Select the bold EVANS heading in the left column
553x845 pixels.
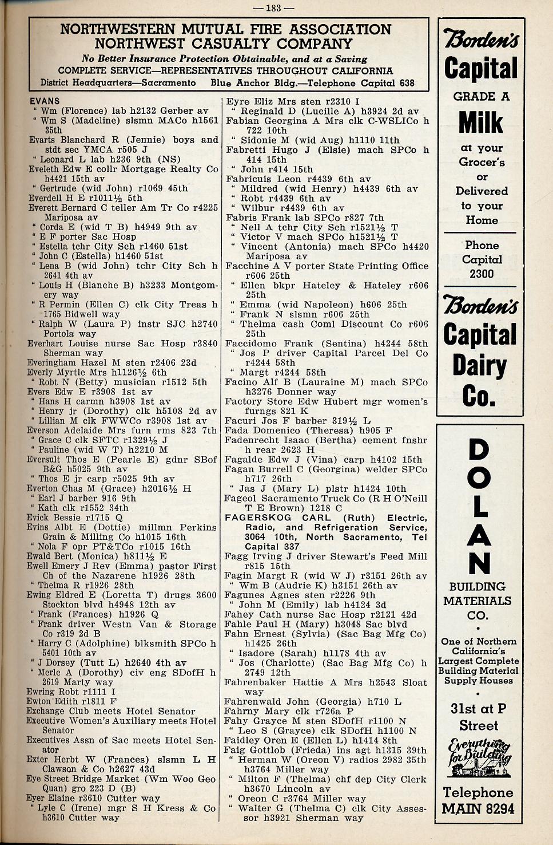pos(45,101)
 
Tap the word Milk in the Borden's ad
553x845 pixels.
pos(480,122)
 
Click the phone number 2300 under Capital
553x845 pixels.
pos(482,274)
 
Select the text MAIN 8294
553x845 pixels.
pos(478,809)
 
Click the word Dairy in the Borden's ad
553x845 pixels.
pos(479,366)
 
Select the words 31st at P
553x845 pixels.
pos(478,709)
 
